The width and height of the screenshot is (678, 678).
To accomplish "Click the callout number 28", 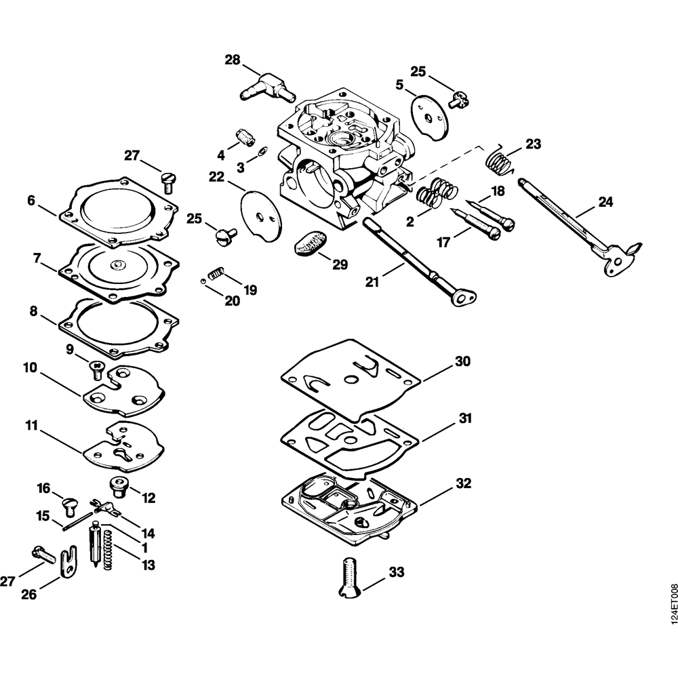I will [233, 60].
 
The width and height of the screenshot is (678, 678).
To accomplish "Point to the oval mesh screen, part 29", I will [311, 242].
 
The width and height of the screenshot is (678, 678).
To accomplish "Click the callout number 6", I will [31, 200].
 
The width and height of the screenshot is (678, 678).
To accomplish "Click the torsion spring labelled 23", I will [499, 161].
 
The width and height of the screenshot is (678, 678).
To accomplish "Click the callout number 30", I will [462, 361].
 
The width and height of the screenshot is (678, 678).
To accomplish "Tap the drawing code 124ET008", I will [671, 605].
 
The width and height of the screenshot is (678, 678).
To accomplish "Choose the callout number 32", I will [463, 484].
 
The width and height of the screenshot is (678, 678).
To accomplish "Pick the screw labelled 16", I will [69, 503].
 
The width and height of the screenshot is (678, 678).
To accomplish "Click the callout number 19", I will [250, 290].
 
